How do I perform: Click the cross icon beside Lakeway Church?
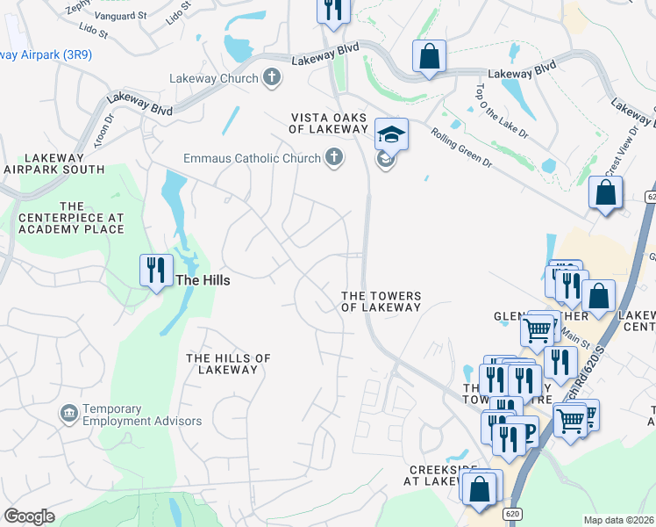point(272,78)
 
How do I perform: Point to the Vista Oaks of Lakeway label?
point(328,123)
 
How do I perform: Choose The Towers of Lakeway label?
point(381,302)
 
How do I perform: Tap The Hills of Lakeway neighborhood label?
point(228,364)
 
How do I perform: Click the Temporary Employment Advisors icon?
point(68,413)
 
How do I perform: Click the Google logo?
point(29,516)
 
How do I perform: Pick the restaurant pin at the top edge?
point(333,11)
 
